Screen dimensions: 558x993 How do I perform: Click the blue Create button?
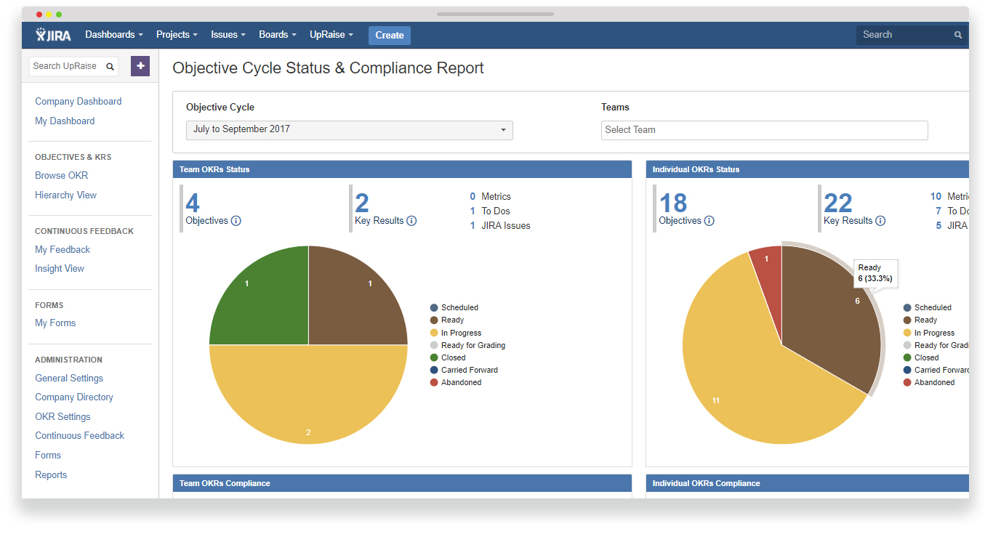[x=390, y=35]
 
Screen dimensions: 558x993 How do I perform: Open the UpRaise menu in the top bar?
[x=331, y=35]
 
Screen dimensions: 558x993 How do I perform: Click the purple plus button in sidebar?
[x=140, y=66]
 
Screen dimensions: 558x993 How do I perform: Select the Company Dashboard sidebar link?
[x=79, y=102]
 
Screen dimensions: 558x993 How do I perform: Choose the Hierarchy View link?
[x=65, y=195]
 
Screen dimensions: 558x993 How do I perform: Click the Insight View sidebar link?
[x=60, y=269]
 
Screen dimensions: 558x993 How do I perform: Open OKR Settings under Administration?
[x=63, y=417]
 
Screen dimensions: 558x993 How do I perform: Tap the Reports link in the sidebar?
[x=51, y=475]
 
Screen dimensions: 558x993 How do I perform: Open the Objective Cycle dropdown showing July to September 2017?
[x=350, y=130]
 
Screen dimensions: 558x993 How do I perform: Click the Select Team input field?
[x=764, y=130]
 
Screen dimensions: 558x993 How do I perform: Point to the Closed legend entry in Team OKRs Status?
[x=453, y=357]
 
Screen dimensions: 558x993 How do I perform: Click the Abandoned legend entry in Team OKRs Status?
[x=461, y=382]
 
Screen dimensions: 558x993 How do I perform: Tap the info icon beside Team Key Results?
[x=411, y=221]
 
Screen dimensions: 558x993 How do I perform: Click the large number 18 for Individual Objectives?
[x=673, y=203]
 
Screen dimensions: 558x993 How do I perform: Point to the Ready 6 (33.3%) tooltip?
[x=875, y=273]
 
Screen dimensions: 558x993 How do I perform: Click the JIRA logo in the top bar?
[x=54, y=35]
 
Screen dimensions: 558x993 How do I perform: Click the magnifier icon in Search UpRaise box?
[x=110, y=67]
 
